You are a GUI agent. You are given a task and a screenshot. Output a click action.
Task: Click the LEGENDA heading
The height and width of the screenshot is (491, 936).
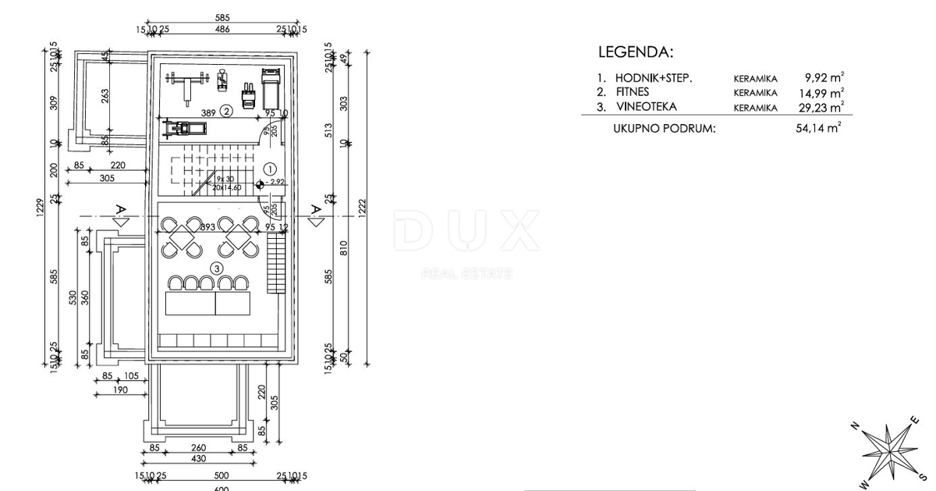coord(635,53)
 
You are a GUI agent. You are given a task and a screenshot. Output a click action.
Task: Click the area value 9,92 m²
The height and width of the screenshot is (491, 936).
coord(824,77)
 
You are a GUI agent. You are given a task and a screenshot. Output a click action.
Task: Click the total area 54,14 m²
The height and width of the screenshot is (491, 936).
coord(818,128)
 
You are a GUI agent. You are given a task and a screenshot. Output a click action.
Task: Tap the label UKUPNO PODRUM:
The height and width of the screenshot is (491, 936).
coord(664,128)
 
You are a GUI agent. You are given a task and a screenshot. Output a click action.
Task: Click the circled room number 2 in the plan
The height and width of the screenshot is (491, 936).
coord(225,111)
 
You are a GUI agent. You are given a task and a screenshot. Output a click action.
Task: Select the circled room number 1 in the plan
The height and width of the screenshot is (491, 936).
coord(270,169)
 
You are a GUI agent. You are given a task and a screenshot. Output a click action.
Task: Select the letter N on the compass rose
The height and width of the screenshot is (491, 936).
coord(854,425)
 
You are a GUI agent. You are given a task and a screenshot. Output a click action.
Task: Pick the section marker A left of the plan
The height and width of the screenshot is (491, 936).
coord(119,209)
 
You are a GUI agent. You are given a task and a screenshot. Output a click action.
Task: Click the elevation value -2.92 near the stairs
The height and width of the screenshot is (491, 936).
coord(274,182)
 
